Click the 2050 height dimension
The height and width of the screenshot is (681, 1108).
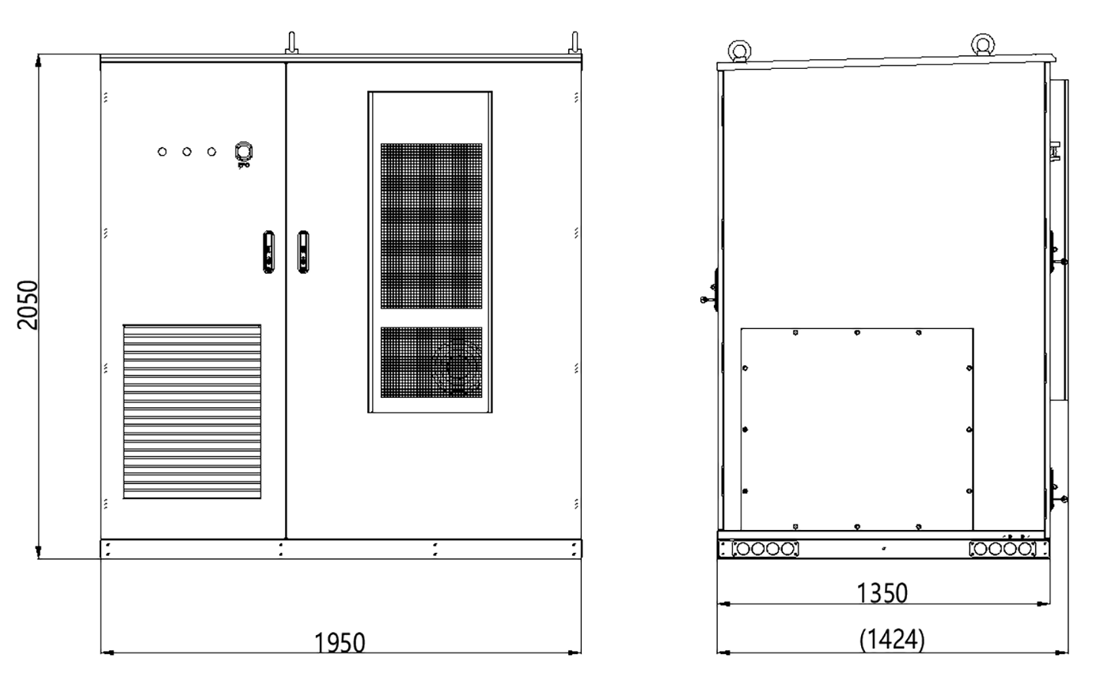pos(28,305)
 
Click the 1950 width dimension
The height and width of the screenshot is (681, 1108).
pos(340,643)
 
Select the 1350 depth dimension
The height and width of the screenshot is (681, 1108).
pos(882,592)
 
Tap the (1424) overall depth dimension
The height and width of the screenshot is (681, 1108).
pos(892,639)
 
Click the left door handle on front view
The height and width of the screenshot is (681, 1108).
pos(269,252)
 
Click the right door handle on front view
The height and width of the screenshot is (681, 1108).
pos(303,252)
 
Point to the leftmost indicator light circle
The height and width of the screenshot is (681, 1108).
pos(162,152)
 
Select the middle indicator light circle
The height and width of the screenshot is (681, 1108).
pos(187,152)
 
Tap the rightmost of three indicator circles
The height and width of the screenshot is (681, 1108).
pos(211,152)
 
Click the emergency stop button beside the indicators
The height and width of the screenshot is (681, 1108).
pos(243,151)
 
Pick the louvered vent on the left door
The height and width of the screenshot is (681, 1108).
pos(192,411)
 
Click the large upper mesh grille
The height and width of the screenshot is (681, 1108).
pos(431,225)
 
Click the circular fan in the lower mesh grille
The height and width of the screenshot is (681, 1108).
pos(457,366)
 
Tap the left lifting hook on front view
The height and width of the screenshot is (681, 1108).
pos(292,43)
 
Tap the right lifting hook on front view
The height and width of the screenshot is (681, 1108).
pos(575,43)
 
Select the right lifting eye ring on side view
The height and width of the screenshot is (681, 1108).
pos(982,45)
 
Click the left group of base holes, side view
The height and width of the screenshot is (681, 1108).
pos(766,549)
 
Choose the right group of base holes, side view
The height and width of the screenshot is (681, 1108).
pos(1003,549)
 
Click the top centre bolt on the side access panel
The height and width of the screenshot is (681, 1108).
pos(857,333)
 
